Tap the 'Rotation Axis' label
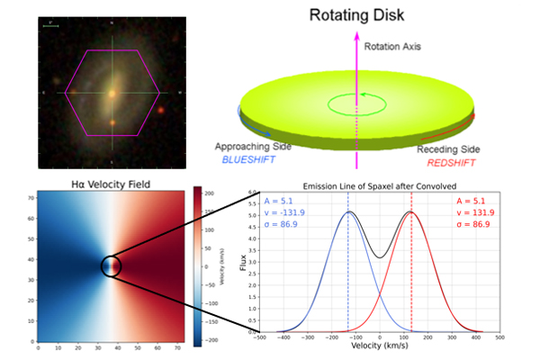(x=392, y=44)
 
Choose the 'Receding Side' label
(x=451, y=150)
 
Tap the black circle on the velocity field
(x=112, y=266)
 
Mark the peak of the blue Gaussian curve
(x=347, y=212)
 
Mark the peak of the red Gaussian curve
(x=411, y=212)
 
